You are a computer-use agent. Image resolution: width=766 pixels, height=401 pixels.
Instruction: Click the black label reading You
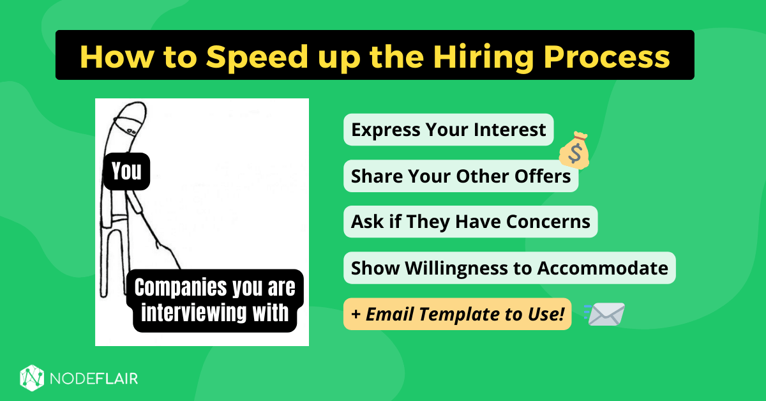(x=126, y=171)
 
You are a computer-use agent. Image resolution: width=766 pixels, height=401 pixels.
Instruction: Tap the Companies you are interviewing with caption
(x=215, y=300)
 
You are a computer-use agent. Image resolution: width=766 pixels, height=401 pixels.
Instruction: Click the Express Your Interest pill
(x=448, y=130)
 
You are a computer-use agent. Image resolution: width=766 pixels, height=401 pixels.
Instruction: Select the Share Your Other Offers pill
(x=461, y=176)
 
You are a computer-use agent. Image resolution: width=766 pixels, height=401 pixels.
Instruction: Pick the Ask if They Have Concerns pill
(x=470, y=222)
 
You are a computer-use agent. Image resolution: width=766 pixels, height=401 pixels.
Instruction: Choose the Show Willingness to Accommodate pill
(x=509, y=268)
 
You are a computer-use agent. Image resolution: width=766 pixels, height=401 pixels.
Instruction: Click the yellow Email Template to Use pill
(x=457, y=314)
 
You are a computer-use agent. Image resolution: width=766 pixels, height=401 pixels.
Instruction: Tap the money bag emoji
(x=573, y=150)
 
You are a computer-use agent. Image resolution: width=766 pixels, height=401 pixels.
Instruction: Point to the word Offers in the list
(x=544, y=176)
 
